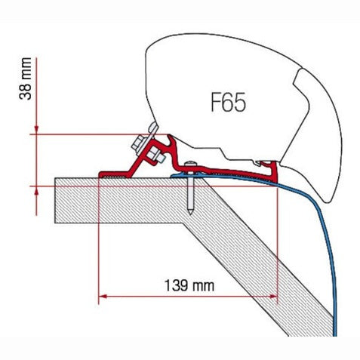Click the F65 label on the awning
228,102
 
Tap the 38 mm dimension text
26,78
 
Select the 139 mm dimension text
189,285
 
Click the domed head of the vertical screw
190,164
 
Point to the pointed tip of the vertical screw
190,213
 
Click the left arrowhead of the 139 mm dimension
103,296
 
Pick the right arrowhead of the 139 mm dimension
273,296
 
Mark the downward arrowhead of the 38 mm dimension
36,130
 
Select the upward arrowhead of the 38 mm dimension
36,191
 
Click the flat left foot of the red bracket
113,174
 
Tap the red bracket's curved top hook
171,139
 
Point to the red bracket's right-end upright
274,172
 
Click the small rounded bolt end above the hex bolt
152,128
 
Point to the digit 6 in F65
229,102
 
